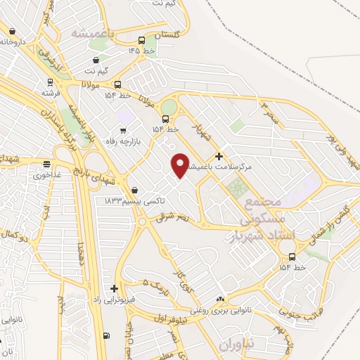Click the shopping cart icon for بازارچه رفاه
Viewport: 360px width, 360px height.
124,130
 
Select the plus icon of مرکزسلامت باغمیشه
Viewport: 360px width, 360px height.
219,155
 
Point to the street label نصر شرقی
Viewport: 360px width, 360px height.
174,219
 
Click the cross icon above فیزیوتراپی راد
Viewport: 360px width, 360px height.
114,288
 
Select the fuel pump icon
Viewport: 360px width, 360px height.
106,335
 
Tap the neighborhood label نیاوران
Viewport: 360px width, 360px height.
234,347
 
